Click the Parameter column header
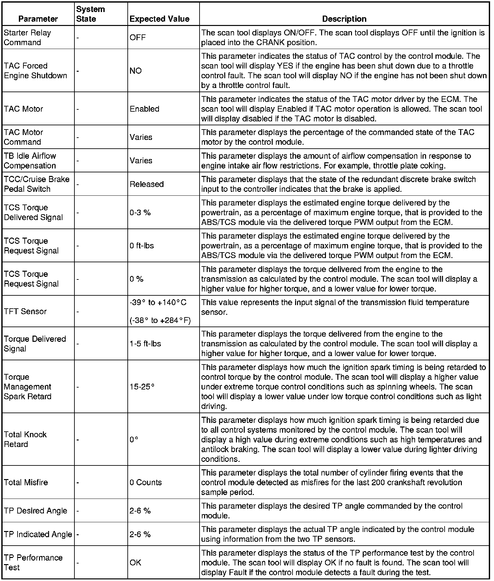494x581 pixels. coord(38,19)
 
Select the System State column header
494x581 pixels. coord(90,14)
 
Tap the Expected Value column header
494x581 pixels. coord(159,19)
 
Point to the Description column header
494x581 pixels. coord(344,19)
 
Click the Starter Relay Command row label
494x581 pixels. coord(27,37)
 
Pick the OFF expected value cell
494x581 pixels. coord(137,37)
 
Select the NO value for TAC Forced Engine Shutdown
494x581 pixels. coord(136,71)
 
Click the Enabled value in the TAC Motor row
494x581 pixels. coord(144,109)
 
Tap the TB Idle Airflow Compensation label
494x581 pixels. coord(30,161)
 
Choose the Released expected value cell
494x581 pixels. coord(147,184)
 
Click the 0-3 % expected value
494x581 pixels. coord(140,213)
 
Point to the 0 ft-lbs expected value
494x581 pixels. coord(142,246)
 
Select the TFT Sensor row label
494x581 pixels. coord(25,311)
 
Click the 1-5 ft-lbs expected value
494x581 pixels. coord(145,343)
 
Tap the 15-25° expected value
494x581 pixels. coord(142,387)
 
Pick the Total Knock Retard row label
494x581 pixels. coord(25,439)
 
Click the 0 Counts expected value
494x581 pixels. coord(146,482)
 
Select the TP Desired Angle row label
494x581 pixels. coord(35,511)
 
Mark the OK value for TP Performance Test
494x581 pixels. coord(135,562)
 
